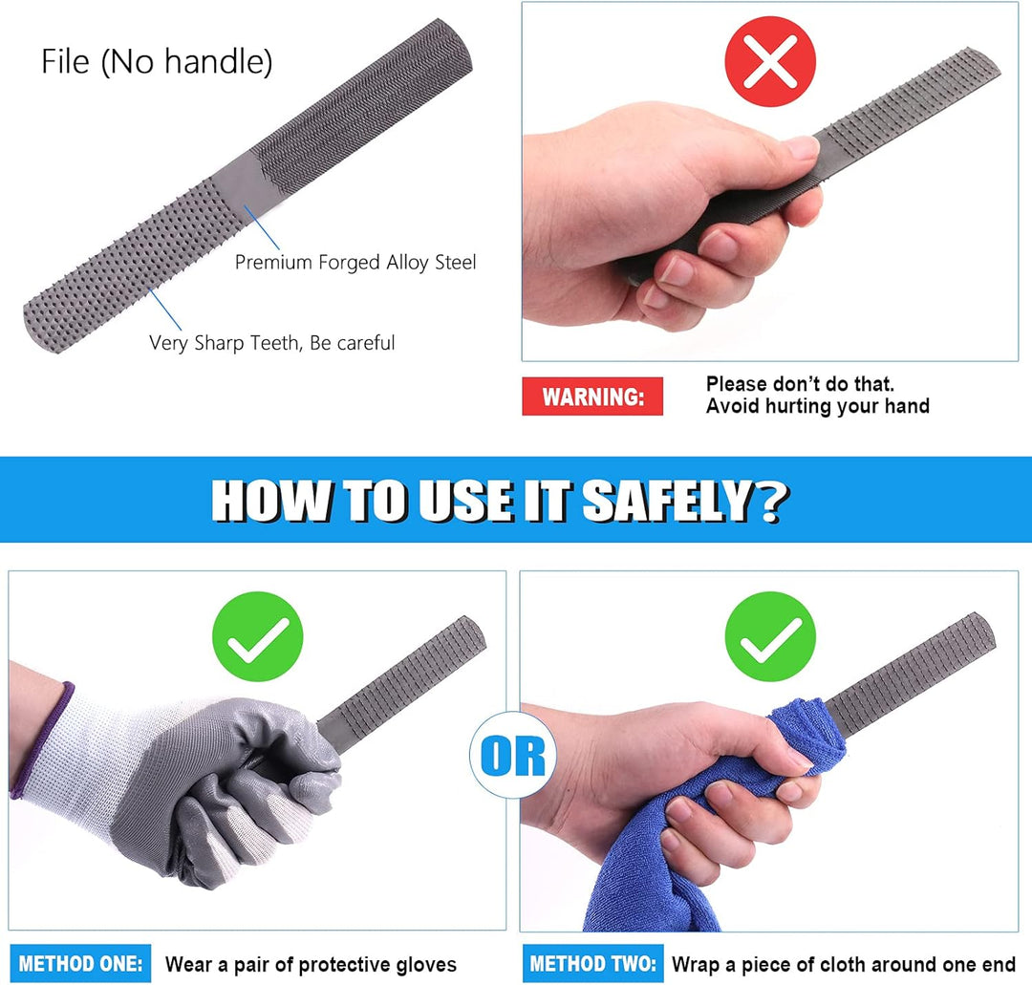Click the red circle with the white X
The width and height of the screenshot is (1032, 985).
[x=770, y=62]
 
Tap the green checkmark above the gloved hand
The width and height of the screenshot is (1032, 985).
[x=257, y=636]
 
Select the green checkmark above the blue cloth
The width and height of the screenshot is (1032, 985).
[x=770, y=636]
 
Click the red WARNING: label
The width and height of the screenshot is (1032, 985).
[x=592, y=396]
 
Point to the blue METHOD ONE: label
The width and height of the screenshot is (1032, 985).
[x=80, y=964]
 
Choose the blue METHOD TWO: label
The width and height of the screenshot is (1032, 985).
[x=593, y=964]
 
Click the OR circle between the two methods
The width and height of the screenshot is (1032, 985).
[x=513, y=756]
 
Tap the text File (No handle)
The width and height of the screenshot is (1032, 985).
[x=157, y=62]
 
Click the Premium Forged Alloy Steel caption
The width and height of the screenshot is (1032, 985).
[x=355, y=263]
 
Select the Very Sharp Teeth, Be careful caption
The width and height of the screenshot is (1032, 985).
[x=271, y=343]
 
